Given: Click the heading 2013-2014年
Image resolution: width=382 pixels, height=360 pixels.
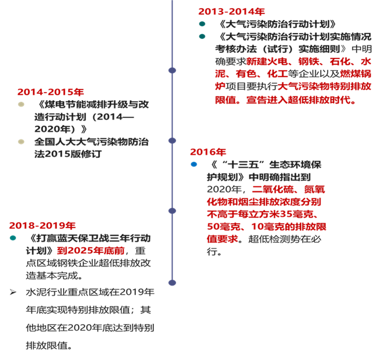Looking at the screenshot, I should coord(231,11).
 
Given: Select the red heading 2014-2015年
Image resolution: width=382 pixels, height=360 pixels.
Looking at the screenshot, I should coord(50,92).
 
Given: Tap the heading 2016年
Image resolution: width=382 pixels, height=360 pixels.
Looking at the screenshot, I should coord(208,152).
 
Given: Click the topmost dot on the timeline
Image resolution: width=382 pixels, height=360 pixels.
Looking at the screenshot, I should coord(172,70).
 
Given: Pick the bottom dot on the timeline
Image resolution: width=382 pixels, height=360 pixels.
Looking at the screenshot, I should coord(172,282).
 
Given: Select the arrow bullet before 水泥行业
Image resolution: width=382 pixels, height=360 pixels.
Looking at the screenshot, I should coord(13,292).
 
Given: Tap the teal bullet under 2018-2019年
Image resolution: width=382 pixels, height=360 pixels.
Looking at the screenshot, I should coord(13,238).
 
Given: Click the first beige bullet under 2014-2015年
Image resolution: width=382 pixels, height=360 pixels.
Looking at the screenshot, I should coord(21,105).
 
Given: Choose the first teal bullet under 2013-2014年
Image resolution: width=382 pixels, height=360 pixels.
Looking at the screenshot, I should coord(202,24).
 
